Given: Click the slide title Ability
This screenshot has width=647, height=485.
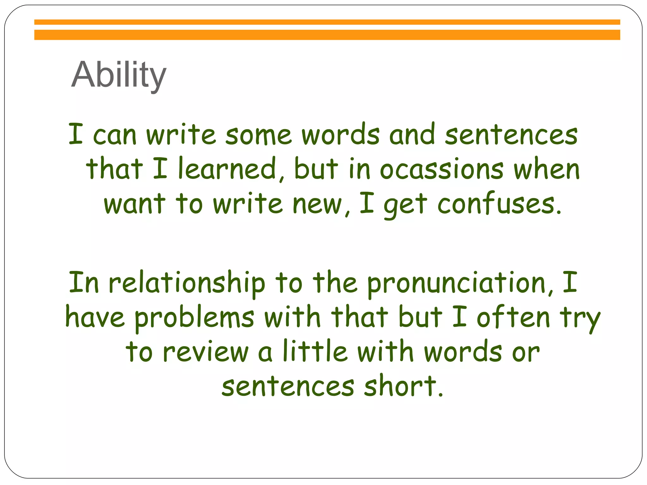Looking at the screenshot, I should click(118, 75).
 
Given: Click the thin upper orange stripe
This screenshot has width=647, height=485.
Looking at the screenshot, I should click(327, 22).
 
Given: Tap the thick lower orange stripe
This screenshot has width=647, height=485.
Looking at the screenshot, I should click(327, 35).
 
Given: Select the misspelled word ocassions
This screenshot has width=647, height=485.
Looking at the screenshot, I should click(442, 169).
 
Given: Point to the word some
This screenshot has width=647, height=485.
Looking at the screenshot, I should click(258, 135).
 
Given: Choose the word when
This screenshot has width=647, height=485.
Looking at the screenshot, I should click(547, 169).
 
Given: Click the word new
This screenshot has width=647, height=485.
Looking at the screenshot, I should click(317, 204).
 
